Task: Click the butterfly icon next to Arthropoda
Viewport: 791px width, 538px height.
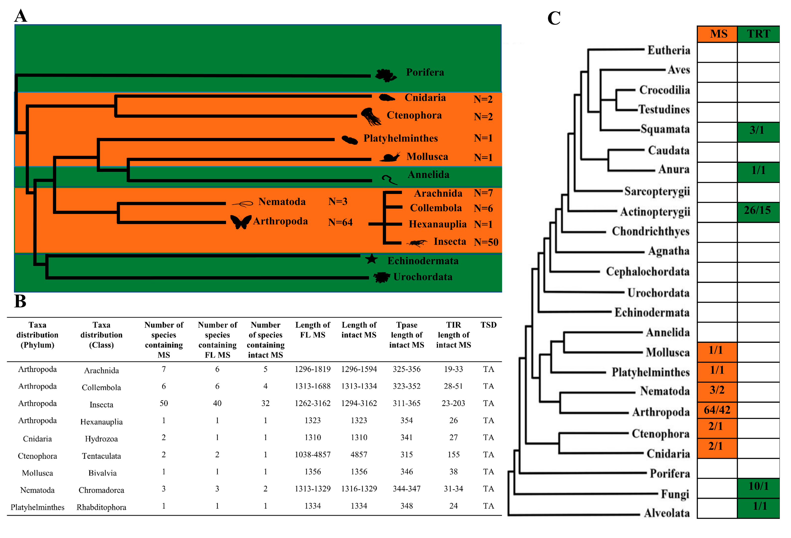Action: click(241, 222)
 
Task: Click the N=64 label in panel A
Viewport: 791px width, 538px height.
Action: click(340, 222)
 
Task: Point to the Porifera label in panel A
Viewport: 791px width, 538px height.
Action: click(425, 72)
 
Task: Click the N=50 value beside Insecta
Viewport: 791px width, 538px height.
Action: click(486, 242)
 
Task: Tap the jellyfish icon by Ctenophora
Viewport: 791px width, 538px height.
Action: click(371, 116)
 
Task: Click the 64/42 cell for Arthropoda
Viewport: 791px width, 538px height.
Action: click(717, 410)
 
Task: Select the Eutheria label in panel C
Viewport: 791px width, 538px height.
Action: click(669, 50)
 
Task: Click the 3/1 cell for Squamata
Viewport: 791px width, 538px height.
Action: click(757, 130)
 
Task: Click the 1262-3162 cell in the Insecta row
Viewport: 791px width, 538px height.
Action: click(312, 403)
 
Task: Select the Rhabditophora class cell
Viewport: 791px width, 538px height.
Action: click(101, 507)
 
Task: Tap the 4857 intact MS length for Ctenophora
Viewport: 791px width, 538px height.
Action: click(359, 454)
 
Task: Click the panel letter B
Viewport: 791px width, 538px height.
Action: click(20, 301)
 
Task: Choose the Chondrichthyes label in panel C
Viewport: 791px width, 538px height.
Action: click(650, 231)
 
